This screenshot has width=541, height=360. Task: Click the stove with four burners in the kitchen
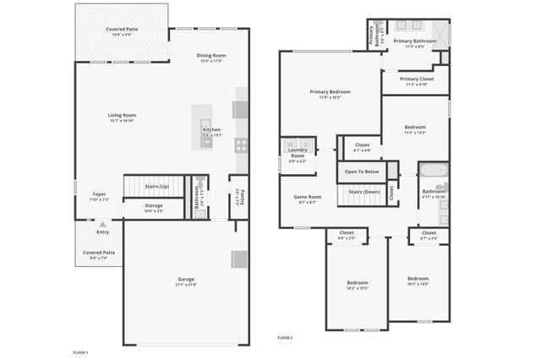point(241,144)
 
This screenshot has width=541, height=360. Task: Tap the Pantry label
point(239,198)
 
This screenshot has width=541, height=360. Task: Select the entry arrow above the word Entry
point(102,225)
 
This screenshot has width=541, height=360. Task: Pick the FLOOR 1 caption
point(81,352)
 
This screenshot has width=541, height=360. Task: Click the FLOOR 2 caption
point(285,337)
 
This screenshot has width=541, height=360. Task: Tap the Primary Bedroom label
point(330,94)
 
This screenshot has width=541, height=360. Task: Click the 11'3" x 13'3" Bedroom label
point(415,129)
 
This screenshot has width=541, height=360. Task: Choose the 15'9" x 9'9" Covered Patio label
point(123,31)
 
